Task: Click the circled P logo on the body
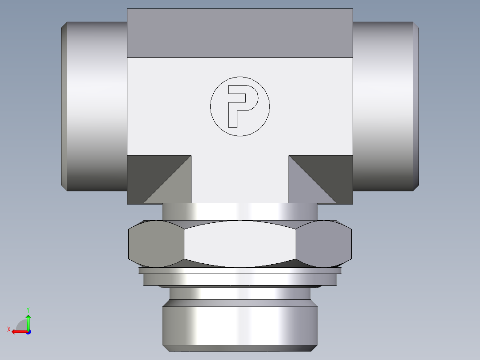240,106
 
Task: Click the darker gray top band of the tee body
240,33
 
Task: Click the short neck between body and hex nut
240,211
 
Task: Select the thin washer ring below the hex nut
240,270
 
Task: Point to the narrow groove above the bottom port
240,293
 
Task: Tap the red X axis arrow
17,331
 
